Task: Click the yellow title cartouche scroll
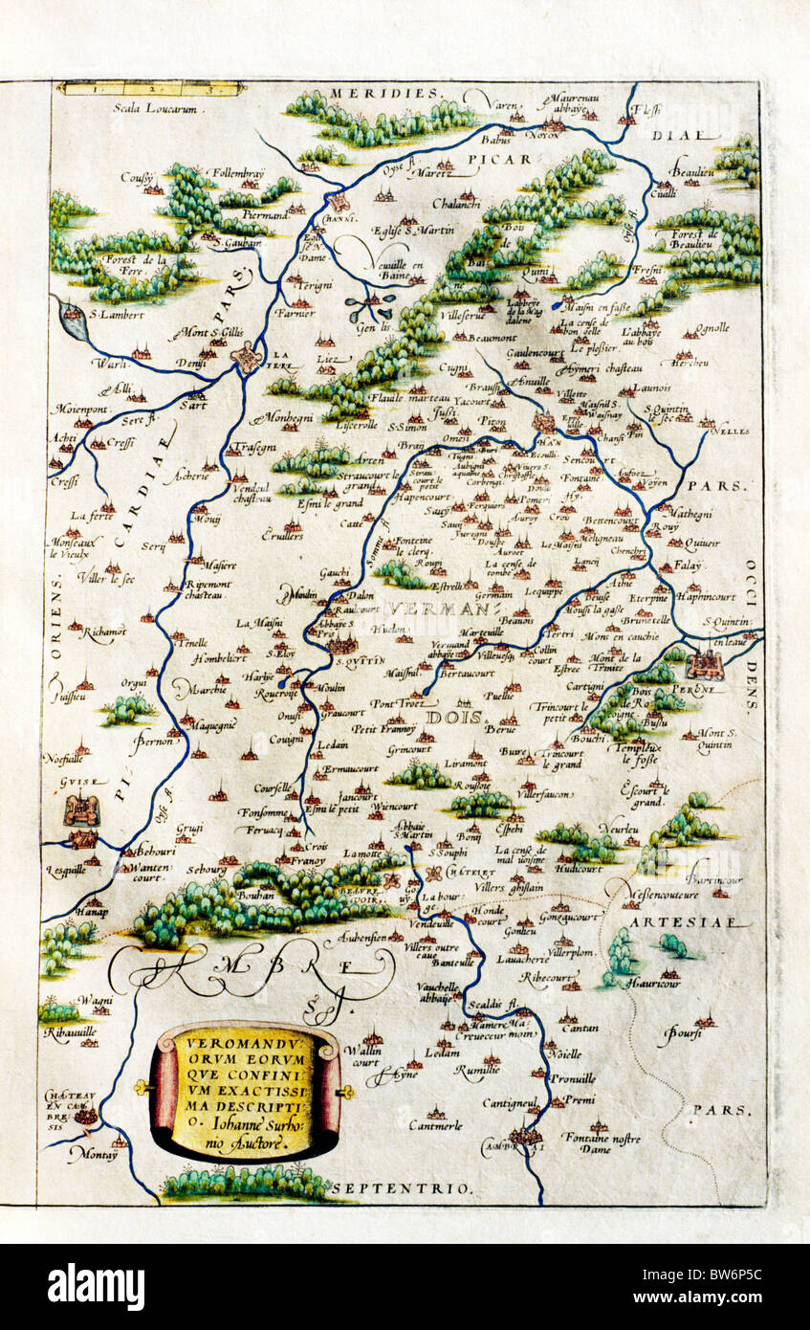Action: coord(245,1091)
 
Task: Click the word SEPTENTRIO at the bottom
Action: coord(422,1187)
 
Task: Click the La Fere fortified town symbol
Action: coord(248,357)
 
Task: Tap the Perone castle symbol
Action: coord(706,663)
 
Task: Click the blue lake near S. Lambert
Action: coord(73,319)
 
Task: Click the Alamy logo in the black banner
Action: coord(96,1286)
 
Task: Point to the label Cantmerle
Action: coord(436,1124)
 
